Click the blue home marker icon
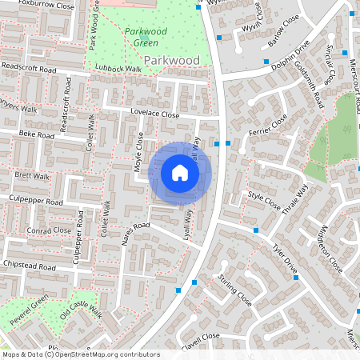[180, 173]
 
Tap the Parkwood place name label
[171, 61]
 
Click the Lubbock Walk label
[117, 70]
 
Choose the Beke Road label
[36, 136]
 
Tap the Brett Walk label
[32, 175]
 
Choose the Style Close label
[265, 199]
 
